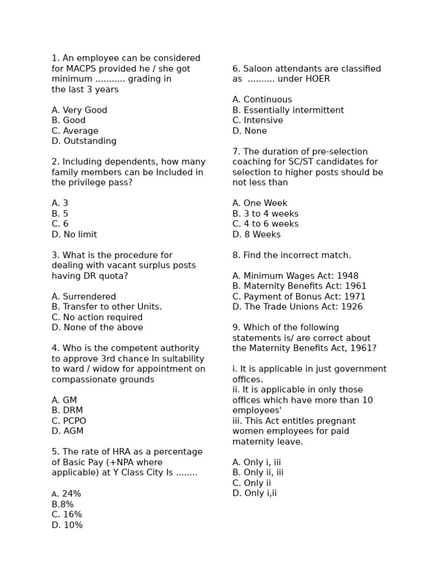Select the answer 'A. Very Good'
(x=79, y=110)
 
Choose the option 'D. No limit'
(x=74, y=235)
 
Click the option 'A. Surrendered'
(x=83, y=297)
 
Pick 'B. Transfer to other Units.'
(x=106, y=307)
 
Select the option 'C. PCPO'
(x=69, y=421)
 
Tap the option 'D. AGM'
(x=67, y=431)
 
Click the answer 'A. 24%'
(x=66, y=494)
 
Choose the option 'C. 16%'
(x=67, y=514)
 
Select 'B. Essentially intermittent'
(x=288, y=110)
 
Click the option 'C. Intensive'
(x=258, y=121)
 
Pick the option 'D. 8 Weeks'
(x=257, y=235)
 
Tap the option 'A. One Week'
(x=260, y=204)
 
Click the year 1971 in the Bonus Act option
(x=354, y=297)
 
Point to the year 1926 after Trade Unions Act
(x=352, y=307)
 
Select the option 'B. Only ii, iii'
(x=258, y=473)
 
